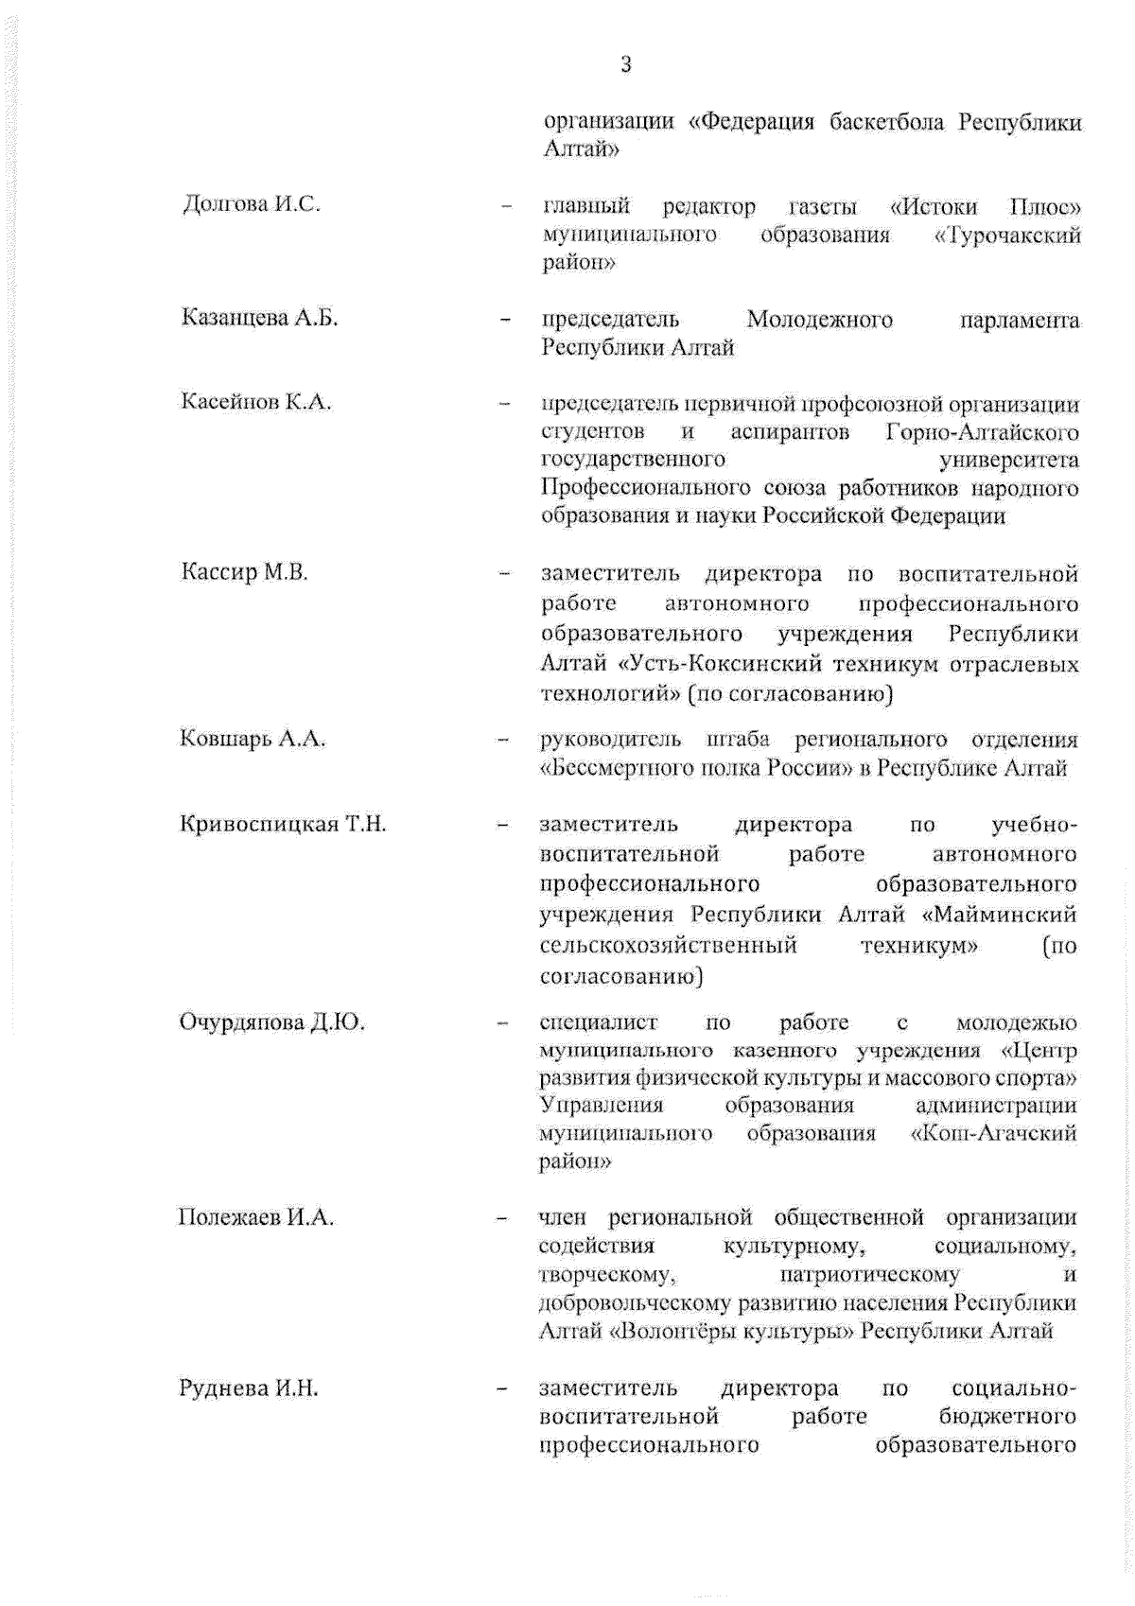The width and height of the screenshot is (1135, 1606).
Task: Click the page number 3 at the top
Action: (x=625, y=64)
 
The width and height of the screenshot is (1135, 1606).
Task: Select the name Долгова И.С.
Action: (x=252, y=204)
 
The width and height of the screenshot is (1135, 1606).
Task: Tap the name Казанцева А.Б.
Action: (x=259, y=318)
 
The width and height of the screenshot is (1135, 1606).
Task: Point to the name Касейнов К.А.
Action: (x=256, y=402)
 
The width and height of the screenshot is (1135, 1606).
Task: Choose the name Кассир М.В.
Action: (x=245, y=572)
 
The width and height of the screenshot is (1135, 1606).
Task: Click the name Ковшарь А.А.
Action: (x=253, y=739)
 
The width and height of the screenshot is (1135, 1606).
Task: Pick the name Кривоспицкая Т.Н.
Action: (x=283, y=824)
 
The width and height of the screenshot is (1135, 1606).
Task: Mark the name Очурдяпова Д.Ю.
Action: (x=272, y=1022)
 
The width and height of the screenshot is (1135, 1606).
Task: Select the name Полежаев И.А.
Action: (x=256, y=1217)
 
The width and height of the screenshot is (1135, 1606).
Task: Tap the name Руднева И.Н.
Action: (x=249, y=1388)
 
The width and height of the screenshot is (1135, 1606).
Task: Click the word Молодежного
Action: (x=819, y=320)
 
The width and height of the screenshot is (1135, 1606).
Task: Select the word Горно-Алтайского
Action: (x=983, y=432)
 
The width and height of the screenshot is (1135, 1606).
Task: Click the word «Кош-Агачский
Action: (x=993, y=1133)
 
